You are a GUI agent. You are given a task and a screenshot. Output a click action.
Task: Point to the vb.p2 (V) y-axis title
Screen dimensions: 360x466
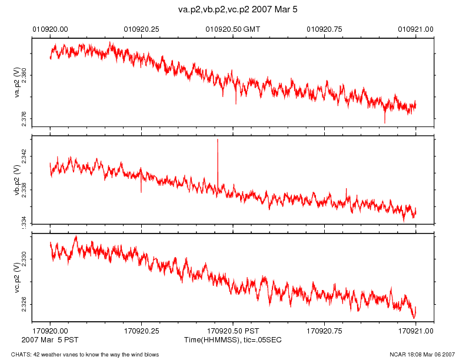tap(17, 179)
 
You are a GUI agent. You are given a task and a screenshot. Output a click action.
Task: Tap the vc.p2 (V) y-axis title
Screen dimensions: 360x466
tap(17, 276)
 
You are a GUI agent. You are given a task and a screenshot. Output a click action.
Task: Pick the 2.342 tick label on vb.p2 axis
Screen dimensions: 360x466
tap(24, 155)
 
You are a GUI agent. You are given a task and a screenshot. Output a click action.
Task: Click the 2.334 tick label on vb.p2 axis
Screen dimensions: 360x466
tap(24, 221)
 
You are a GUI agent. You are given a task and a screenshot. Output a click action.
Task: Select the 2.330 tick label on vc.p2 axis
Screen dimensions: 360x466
tap(24, 259)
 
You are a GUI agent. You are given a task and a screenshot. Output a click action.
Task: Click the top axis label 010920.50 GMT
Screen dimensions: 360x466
tap(232, 28)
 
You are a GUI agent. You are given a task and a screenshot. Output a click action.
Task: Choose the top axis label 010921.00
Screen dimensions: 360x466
tap(415, 28)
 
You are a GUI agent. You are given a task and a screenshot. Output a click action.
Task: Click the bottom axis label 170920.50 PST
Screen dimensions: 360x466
tap(232, 331)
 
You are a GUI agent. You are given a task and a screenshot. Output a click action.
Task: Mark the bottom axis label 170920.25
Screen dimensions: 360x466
tap(141, 331)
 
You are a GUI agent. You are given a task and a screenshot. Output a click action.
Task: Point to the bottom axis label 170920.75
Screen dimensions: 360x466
tap(324, 331)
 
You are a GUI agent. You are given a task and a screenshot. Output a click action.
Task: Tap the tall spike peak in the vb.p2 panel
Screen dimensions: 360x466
tap(218, 139)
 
